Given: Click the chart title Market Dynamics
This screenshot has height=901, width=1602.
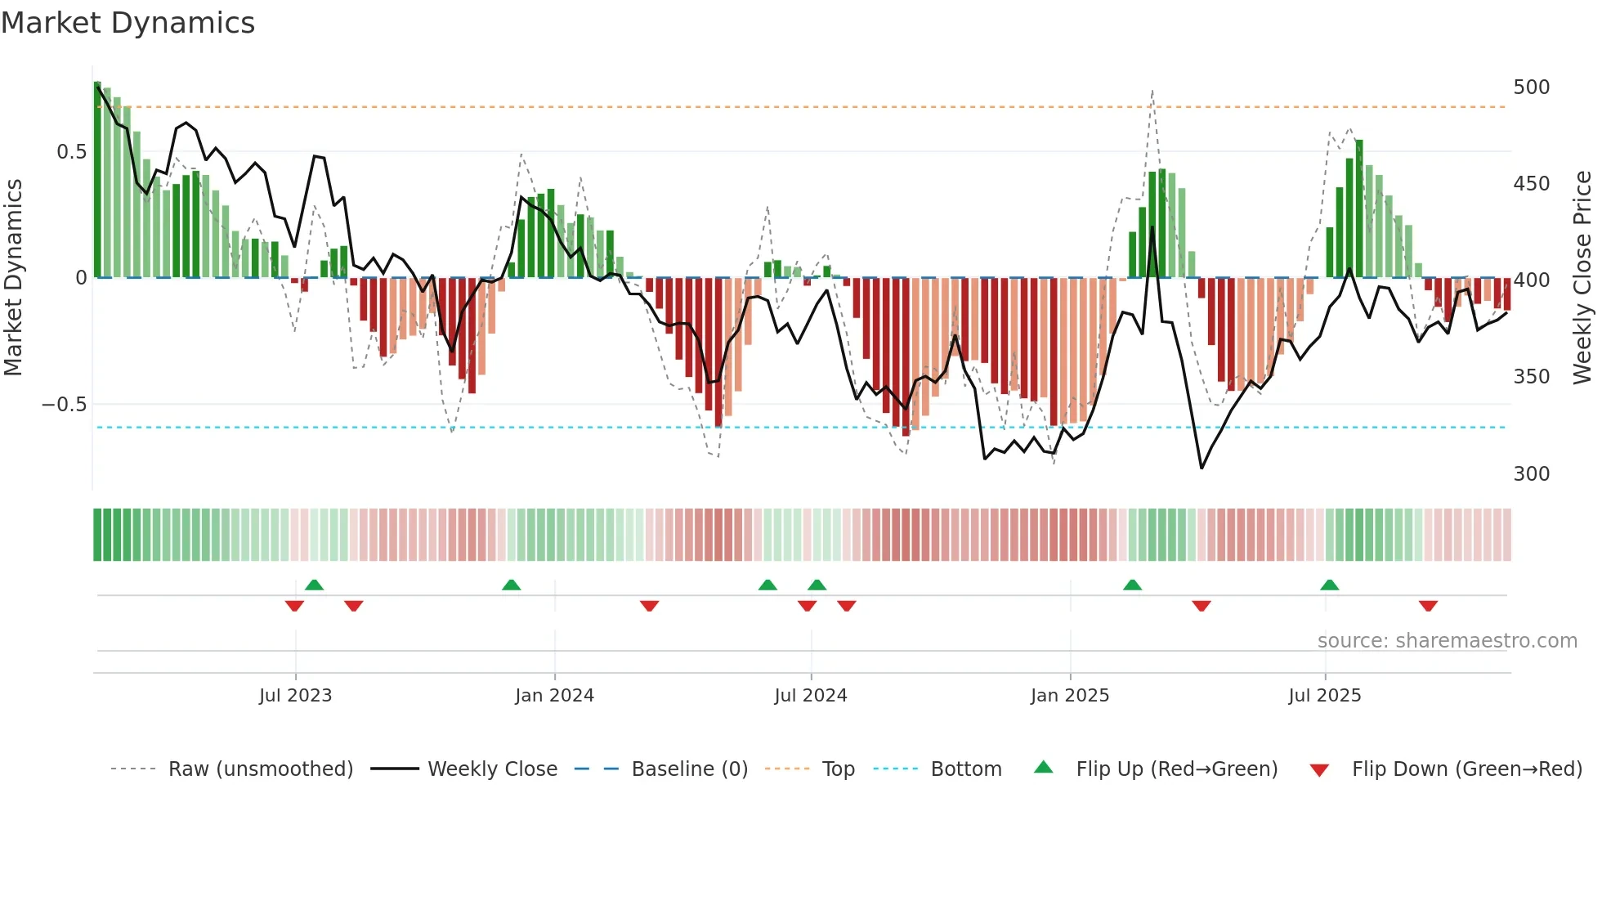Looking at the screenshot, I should pyautogui.click(x=128, y=23).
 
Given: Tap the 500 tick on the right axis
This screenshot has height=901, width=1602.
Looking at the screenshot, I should pyautogui.click(x=1531, y=87).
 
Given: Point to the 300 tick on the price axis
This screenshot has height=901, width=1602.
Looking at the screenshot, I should pyautogui.click(x=1531, y=474).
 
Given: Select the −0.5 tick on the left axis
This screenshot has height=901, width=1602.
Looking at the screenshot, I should pyautogui.click(x=64, y=405).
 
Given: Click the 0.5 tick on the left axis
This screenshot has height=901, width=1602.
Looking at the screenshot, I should pyautogui.click(x=71, y=152).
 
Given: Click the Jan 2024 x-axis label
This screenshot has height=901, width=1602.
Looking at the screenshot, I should pyautogui.click(x=554, y=696).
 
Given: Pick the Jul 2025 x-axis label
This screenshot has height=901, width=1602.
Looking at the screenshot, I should pyautogui.click(x=1324, y=696).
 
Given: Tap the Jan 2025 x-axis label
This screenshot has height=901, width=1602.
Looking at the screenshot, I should pyautogui.click(x=1069, y=696).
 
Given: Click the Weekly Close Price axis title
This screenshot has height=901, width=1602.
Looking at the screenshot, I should pyautogui.click(x=1582, y=278).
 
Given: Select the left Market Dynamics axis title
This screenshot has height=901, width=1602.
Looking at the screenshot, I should pyautogui.click(x=13, y=278).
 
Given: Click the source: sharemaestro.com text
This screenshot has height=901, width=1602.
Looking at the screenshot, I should pyautogui.click(x=1447, y=641).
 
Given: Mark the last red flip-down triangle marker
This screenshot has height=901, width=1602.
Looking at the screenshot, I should pyautogui.click(x=1428, y=606).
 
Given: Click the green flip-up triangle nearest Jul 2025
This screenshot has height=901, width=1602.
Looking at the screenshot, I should pyautogui.click(x=1329, y=585).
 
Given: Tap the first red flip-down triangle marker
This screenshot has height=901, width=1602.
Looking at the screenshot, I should pyautogui.click(x=294, y=606).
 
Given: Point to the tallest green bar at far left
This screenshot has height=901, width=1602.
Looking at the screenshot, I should pyautogui.click(x=97, y=180).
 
